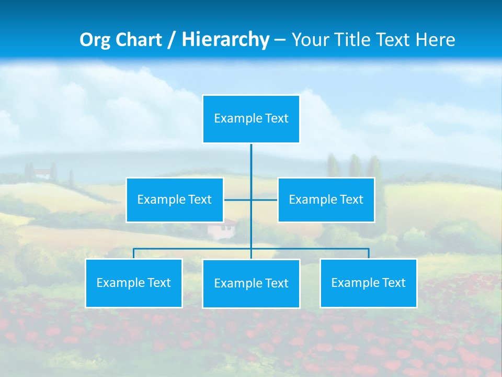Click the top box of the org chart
pos(251,119)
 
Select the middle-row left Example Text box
pos(175,199)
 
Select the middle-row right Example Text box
pos(326,199)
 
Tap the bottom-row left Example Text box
pos(134,283)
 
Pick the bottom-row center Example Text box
pos(251,283)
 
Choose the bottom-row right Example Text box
pos(368,283)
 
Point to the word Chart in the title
pos(139,40)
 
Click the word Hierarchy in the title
pos(225,40)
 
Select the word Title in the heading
pos(356,40)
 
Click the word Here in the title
pos(435,40)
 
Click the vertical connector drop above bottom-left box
pos(134,253)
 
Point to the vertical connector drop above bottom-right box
pos(368,253)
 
